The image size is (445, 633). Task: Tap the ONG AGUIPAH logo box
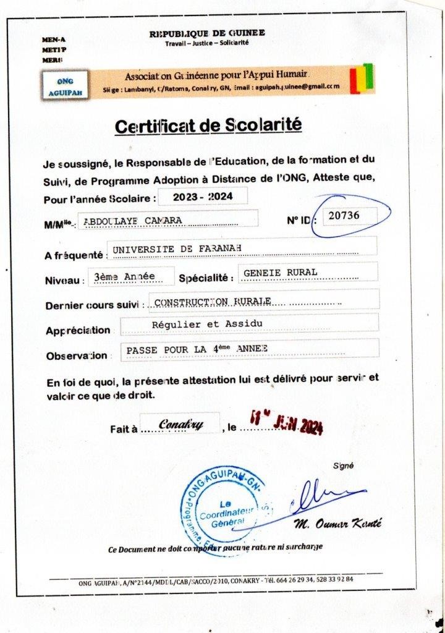point(65,85)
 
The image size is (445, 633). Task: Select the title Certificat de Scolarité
point(208,126)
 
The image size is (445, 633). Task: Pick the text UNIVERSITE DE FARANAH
point(176,248)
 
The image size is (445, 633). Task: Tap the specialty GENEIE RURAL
point(281,272)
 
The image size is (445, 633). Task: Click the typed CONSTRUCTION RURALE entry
point(213,301)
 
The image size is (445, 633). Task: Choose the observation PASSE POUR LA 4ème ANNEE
point(197,349)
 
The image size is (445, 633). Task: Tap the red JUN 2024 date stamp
point(286,425)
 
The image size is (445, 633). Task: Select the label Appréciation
point(78,331)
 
